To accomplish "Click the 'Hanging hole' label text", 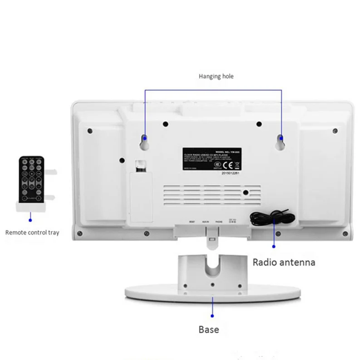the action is (x=216, y=76).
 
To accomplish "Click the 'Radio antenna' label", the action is (x=283, y=262).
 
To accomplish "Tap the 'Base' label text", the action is (x=209, y=330).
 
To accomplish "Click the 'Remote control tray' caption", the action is (x=32, y=233).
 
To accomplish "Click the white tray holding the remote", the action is (x=32, y=206).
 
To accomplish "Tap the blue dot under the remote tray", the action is (x=30, y=219).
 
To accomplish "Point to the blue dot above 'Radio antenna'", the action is (x=274, y=246).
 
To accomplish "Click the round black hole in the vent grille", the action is (x=245, y=192).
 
